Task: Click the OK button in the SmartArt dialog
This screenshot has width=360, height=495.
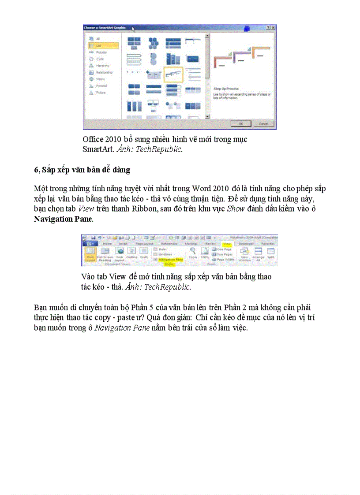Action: (x=241, y=124)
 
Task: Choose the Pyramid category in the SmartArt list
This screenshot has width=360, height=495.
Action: (x=101, y=86)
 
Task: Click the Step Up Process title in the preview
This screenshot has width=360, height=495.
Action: (x=227, y=89)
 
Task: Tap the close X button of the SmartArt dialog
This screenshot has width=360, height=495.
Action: (x=274, y=28)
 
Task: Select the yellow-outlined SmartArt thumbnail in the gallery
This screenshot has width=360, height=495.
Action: (x=173, y=74)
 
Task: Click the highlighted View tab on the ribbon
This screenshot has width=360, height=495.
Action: (x=227, y=243)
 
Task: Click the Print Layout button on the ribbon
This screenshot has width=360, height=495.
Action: (x=90, y=254)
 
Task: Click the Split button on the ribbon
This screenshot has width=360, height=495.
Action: (x=270, y=253)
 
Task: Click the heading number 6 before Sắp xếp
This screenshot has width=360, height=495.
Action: (x=36, y=170)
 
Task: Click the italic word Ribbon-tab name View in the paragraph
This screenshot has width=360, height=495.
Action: (x=86, y=208)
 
